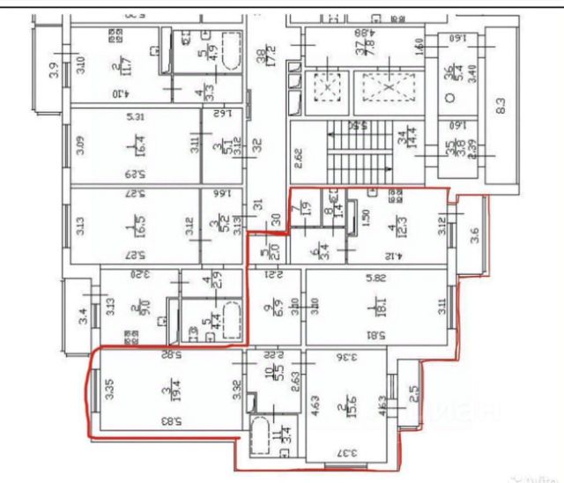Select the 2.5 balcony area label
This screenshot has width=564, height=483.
413,390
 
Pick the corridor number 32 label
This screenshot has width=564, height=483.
259,145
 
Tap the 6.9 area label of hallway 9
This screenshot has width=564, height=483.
271,309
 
